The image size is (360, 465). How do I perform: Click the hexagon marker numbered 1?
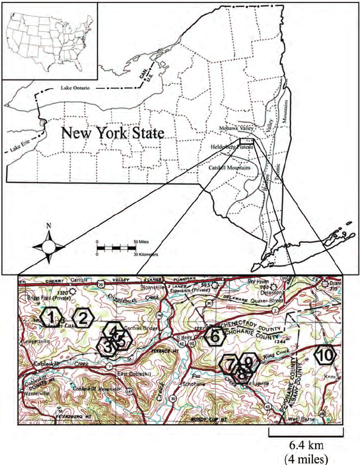(52, 317)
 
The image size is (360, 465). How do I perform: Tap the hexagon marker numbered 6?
(216, 337)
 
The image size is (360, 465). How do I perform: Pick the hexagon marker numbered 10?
(325, 355)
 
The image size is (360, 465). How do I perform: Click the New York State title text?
(113, 133)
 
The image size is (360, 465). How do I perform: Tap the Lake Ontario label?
(75, 88)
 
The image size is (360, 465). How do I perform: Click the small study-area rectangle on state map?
(247, 141)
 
